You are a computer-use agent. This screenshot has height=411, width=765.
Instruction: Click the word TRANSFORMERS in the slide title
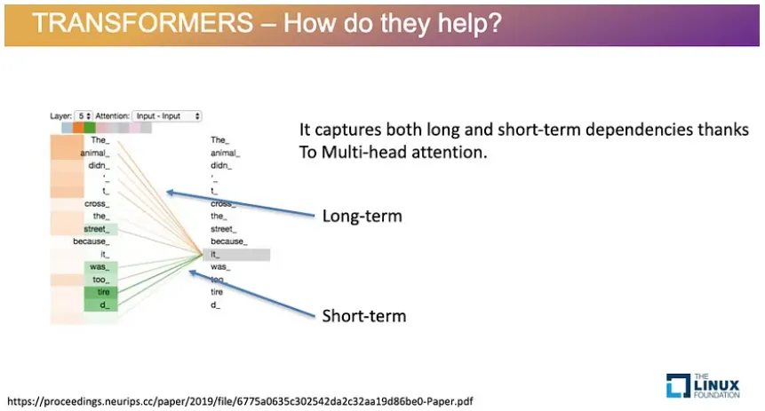142,22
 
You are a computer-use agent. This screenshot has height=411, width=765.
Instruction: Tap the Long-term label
362,216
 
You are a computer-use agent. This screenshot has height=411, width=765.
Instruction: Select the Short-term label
364,316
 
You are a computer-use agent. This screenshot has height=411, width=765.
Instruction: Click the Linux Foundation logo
703,385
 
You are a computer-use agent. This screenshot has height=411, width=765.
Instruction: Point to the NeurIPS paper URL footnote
240,401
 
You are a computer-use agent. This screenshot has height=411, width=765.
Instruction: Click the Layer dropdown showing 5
84,116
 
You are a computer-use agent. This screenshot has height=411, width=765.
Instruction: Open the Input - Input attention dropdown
167,116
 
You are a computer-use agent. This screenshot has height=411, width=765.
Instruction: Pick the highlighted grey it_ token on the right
236,255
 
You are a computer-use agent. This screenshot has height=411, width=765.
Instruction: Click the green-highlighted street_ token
100,229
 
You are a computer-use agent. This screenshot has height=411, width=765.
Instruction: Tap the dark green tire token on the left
100,292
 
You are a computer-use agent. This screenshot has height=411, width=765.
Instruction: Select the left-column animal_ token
95,153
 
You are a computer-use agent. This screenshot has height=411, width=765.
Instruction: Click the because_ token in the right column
229,241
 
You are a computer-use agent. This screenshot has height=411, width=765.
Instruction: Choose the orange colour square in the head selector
78,128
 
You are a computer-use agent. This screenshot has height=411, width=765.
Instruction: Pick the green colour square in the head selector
89,128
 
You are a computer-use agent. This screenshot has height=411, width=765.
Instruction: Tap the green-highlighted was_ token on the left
100,266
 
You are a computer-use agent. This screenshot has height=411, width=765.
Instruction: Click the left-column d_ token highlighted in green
100,304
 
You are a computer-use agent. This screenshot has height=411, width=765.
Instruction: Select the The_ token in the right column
219,140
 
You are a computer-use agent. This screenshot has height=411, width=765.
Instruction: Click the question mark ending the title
496,23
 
